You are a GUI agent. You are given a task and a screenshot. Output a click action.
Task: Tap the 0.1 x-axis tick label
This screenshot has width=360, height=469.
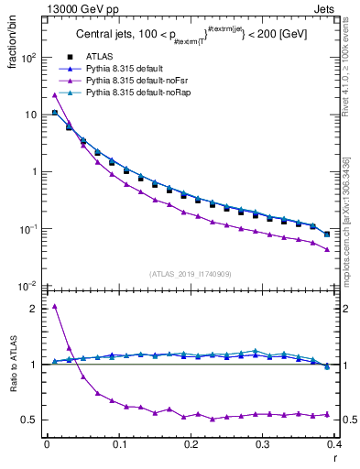click(x=118, y=444)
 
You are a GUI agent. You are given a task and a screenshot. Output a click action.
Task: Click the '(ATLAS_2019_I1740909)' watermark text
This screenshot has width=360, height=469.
click(x=190, y=274)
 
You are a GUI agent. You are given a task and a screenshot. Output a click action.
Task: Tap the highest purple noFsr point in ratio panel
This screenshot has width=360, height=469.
click(x=55, y=306)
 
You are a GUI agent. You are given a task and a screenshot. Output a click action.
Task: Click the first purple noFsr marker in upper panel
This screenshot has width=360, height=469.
click(x=55, y=95)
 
